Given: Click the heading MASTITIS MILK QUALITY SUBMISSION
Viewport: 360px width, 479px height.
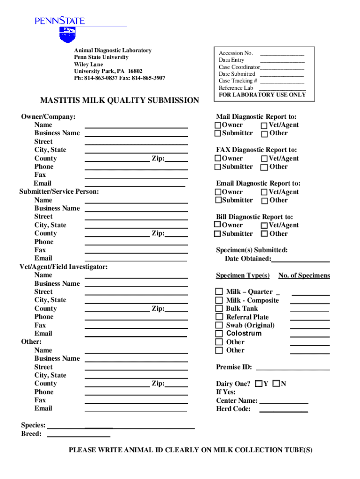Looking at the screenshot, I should point(119,101).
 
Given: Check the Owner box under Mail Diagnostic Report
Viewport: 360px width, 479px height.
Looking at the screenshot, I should point(218,125).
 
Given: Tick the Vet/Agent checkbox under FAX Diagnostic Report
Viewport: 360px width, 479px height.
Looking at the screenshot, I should point(264,159).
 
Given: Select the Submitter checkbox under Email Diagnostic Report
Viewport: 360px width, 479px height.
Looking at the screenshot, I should point(218,200).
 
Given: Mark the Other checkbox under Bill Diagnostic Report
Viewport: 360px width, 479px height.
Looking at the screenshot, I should point(264,234).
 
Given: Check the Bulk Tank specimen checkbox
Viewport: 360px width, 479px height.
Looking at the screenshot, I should point(219,309).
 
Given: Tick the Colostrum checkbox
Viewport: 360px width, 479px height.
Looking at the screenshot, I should point(219,334).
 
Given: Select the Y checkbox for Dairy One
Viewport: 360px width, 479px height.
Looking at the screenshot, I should point(259,384).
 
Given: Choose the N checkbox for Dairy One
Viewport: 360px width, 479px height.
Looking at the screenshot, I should point(276,384).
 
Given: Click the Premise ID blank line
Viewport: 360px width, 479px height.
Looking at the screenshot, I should point(293,369).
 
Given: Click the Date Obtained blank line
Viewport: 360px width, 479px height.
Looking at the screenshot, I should point(300,261).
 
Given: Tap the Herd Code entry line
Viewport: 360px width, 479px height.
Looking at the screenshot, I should point(283,411).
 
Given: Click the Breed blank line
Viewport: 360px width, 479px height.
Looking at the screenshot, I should point(79,436).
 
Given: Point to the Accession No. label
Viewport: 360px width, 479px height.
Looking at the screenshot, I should point(236,53).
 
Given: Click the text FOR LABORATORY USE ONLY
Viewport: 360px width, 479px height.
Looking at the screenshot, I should point(262,94).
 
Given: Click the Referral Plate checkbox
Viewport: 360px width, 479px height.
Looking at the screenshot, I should point(219,317).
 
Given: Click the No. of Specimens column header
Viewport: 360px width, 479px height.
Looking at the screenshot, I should point(304,276).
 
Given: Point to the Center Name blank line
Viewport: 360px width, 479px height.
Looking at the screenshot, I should point(283,403).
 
